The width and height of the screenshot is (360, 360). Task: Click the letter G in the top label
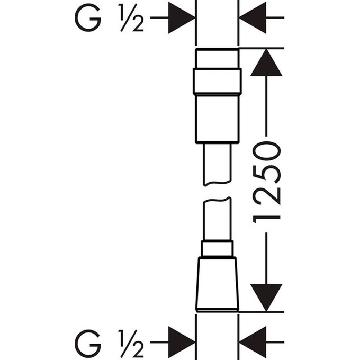click(x=88, y=17)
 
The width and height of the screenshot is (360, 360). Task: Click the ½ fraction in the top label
click(x=131, y=17)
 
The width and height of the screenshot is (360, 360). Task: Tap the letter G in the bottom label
click(x=88, y=343)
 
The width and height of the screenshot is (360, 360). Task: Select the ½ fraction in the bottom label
click(x=131, y=343)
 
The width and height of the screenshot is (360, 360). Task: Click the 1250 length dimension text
click(x=266, y=182)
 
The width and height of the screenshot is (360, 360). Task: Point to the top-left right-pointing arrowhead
click(x=182, y=17)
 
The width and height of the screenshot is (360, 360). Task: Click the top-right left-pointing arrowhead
click(x=253, y=17)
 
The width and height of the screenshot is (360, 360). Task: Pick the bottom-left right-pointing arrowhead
click(x=182, y=343)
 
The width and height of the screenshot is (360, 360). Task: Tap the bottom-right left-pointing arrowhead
click(x=253, y=343)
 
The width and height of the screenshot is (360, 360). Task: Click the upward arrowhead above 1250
click(x=266, y=62)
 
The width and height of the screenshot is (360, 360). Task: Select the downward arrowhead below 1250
click(x=266, y=298)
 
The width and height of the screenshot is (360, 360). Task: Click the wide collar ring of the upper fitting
click(x=217, y=82)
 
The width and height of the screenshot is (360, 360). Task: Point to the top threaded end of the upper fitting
click(x=217, y=58)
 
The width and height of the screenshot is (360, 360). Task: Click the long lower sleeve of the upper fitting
click(x=217, y=119)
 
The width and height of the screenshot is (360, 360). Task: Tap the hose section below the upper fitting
click(x=217, y=164)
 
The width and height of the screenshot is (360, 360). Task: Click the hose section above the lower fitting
click(x=217, y=219)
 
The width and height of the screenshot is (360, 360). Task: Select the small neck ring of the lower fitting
click(x=217, y=248)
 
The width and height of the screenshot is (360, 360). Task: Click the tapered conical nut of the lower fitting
click(x=217, y=284)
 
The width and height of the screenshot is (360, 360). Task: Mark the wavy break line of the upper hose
click(x=217, y=183)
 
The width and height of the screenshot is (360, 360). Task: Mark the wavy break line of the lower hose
click(x=217, y=200)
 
